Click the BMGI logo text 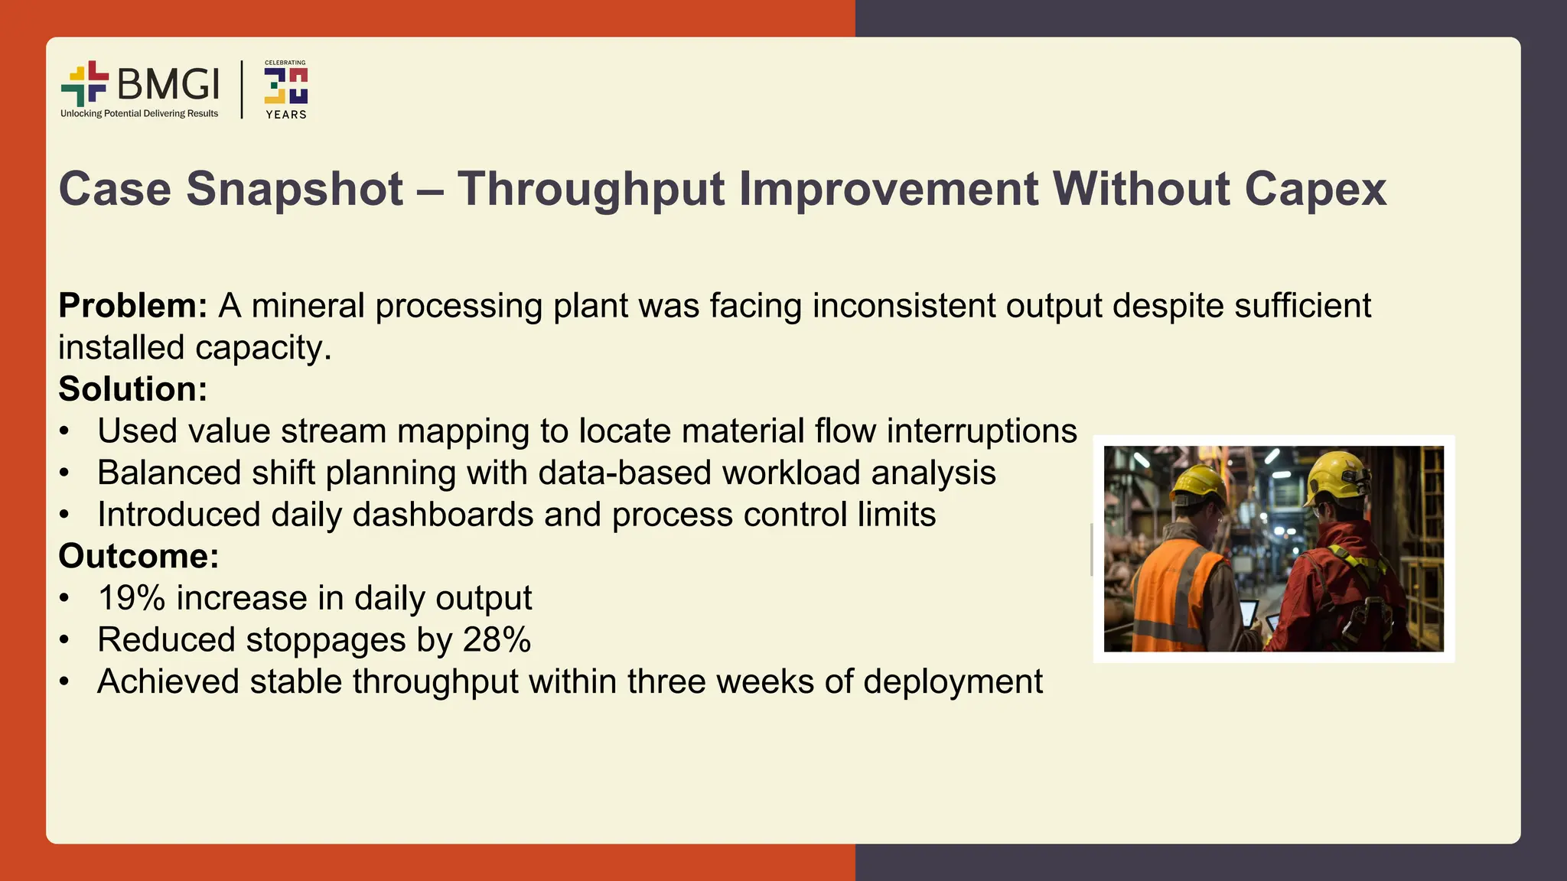168,84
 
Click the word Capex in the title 1315,189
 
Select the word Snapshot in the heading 295,189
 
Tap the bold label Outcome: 138,556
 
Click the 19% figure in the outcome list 131,598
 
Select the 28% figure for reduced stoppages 497,640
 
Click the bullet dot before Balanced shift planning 65,473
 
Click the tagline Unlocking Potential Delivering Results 139,114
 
